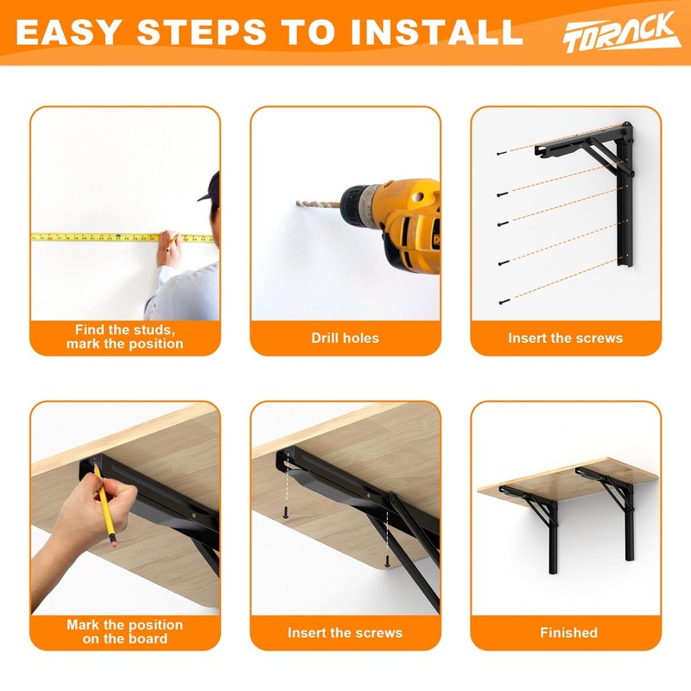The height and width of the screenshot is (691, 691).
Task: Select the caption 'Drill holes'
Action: (345, 338)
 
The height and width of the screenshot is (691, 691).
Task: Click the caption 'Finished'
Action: (568, 632)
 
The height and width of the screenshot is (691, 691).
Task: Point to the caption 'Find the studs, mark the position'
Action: (124, 337)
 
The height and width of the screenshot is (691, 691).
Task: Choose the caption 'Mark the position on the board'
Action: (124, 631)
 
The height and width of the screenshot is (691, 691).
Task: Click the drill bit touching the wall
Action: (316, 204)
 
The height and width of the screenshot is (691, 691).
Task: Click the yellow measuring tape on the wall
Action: (95, 236)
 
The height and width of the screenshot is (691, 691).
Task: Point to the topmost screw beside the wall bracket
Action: (501, 153)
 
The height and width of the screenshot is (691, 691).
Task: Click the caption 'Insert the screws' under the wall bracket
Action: (565, 338)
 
